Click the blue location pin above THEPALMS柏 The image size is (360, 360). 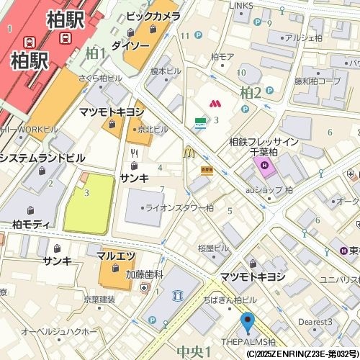(x=248, y=322)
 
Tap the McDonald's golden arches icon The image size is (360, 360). (x=189, y=152)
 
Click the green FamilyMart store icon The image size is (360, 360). (x=199, y=123)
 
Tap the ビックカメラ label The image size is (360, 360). (x=153, y=16)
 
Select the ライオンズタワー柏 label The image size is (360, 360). (x=179, y=207)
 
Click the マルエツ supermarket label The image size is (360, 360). (x=116, y=255)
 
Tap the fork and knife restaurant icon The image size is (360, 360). (x=134, y=153)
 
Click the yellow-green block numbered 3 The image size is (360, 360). (x=89, y=203)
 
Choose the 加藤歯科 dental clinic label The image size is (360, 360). (x=145, y=274)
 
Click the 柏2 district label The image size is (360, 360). (x=251, y=91)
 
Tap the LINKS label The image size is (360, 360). (x=241, y=6)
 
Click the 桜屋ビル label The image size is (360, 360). (x=212, y=248)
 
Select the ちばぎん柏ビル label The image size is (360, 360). (x=230, y=299)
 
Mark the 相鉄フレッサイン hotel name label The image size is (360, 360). (x=264, y=142)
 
